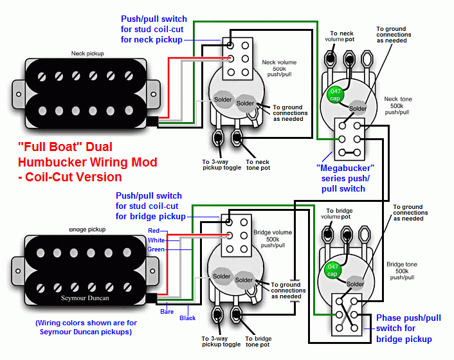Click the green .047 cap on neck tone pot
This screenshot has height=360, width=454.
pyautogui.click(x=334, y=94)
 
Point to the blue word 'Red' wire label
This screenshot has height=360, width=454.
pyautogui.click(x=154, y=230)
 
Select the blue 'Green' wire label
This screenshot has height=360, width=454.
pyautogui.click(x=156, y=249)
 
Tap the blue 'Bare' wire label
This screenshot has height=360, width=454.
pyautogui.click(x=167, y=311)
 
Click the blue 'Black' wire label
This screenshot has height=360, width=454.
pyautogui.click(x=188, y=318)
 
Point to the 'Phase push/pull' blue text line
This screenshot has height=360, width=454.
pyautogui.click(x=408, y=318)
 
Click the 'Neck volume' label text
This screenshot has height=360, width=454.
pyautogui.click(x=279, y=62)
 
